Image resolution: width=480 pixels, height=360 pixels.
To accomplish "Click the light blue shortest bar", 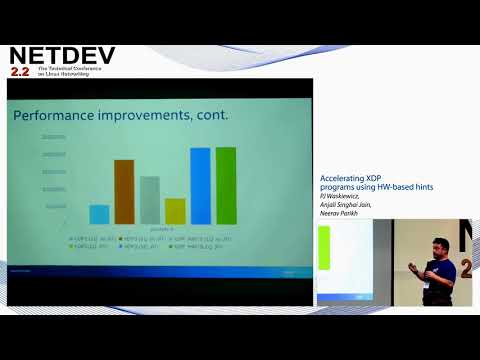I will pyautogui.click(x=99, y=214).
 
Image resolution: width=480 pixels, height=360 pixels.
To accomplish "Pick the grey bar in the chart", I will pyautogui.click(x=150, y=200).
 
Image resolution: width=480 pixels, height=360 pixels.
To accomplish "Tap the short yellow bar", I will pyautogui.click(x=175, y=210).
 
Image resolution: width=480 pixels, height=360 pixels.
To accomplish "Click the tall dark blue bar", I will pyautogui.click(x=200, y=186).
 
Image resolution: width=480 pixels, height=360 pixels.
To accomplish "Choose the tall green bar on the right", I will pyautogui.click(x=226, y=185).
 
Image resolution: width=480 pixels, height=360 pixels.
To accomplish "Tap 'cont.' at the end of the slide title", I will pyautogui.click(x=213, y=115).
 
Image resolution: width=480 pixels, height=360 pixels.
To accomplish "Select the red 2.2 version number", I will pyautogui.click(x=20, y=72).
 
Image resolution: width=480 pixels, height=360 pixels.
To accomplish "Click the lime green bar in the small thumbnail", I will pyautogui.click(x=324, y=248).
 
